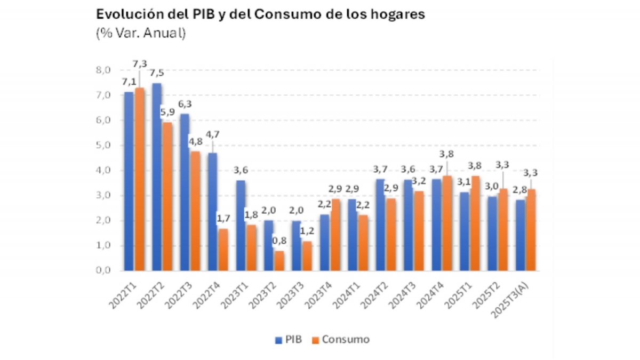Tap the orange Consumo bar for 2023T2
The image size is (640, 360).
pos(279,261)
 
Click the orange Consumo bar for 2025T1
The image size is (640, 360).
pos(475,223)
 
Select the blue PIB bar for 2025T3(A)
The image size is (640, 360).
pos(519,235)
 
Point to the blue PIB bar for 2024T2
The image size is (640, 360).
pos(380,225)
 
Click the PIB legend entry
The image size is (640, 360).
pos(289,340)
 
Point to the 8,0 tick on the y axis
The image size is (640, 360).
pos(103,70)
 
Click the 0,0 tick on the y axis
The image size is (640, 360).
pos(103,270)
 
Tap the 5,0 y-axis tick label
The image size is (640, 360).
pos(103,145)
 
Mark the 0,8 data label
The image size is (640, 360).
pos(279,241)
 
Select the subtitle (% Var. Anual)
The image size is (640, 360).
pos(141,33)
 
